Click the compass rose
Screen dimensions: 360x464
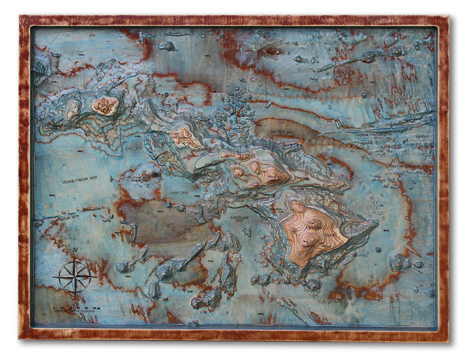pyautogui.click(x=74, y=277)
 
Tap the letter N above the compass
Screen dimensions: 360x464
pyautogui.click(x=75, y=251)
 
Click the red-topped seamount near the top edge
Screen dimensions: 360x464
pyautogui.click(x=272, y=51)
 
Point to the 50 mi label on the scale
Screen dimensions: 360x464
pyautogui.click(x=96, y=308)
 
